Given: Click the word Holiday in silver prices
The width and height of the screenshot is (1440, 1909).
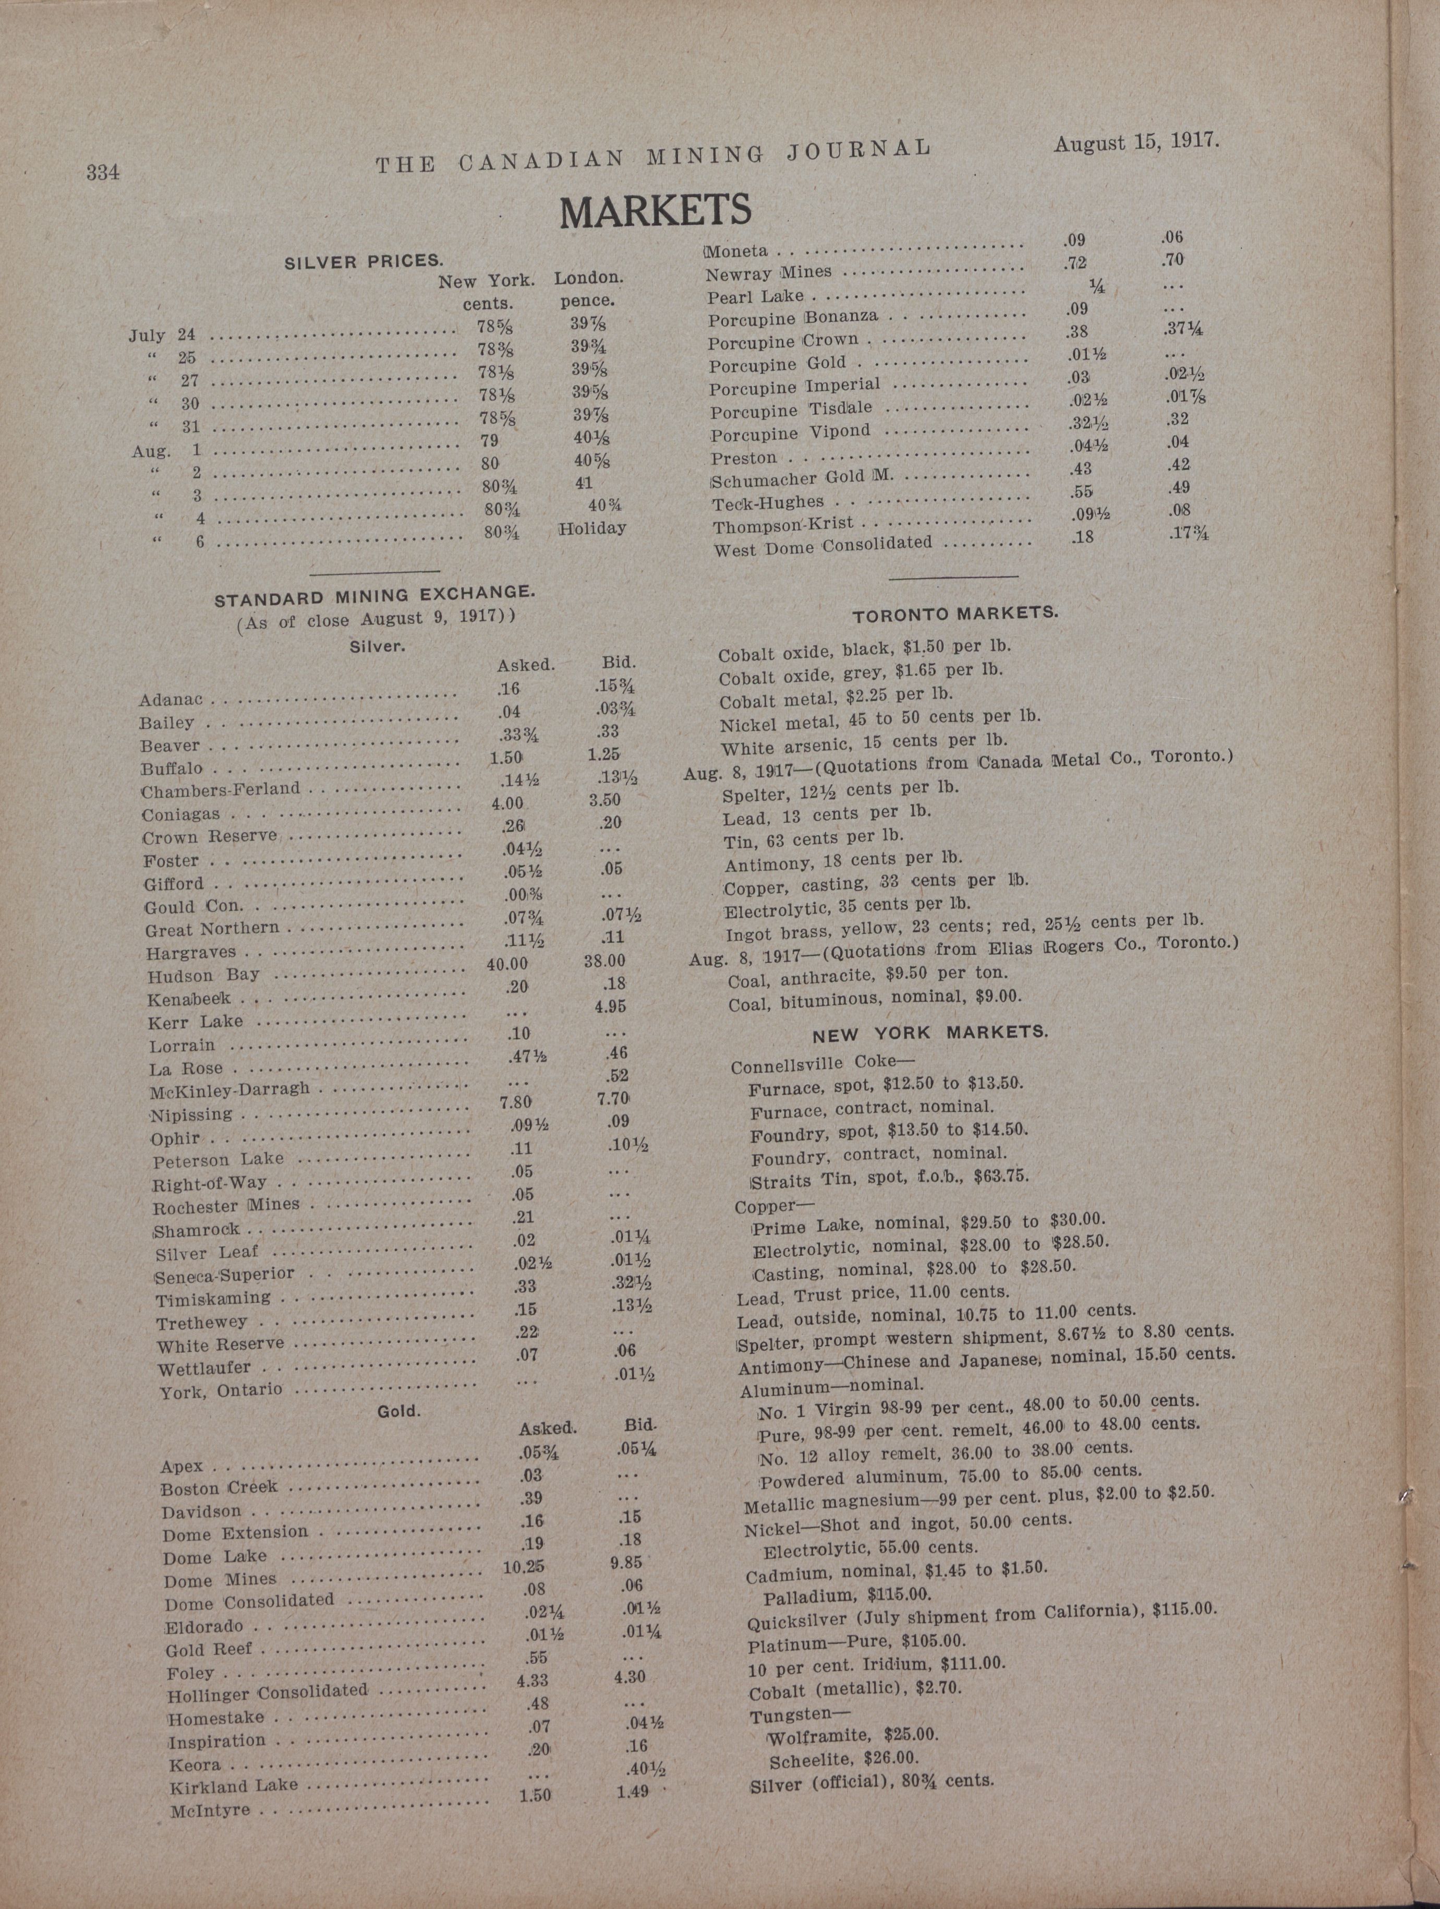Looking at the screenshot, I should coord(592,528).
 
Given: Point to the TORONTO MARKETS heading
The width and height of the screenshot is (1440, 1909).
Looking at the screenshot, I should coord(955,614).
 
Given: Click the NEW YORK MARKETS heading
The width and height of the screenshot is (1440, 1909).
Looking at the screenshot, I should coord(930,1032).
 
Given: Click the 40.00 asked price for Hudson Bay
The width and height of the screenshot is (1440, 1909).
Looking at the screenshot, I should coord(507,962).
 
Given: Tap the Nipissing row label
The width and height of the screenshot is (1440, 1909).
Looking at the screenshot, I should coord(191,1115).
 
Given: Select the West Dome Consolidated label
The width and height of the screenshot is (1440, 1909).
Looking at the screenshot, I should coord(822,545).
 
